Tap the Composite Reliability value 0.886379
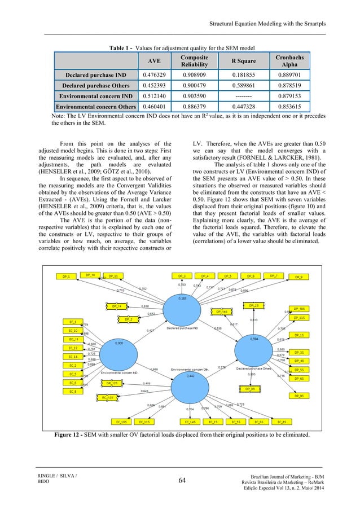tap(194, 106)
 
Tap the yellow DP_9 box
tap(299, 277)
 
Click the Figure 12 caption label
tap(71, 435)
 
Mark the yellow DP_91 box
tap(299, 396)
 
